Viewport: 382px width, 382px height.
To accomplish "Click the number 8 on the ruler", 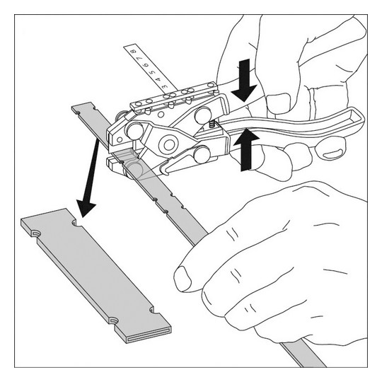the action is tap(133, 52).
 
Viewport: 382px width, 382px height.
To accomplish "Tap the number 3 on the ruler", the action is tap(164, 86).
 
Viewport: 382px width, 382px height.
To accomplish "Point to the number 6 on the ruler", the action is tap(146, 65).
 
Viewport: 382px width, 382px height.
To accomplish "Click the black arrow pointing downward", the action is tap(244, 81).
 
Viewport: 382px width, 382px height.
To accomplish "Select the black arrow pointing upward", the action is tap(246, 150).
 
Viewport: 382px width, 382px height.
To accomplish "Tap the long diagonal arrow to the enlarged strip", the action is tap(90, 178).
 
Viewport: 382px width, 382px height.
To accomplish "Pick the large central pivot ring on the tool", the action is tap(168, 145).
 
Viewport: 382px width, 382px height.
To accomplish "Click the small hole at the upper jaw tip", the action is tap(120, 140).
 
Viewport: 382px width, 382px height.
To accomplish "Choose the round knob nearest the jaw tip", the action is tap(134, 131).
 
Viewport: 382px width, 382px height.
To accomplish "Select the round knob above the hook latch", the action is tap(202, 154).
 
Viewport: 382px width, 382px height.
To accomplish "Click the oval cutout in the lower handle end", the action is tap(333, 155).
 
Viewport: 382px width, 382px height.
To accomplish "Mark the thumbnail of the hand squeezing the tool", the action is tap(278, 103).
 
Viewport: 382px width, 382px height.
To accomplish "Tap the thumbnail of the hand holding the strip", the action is tap(183, 279).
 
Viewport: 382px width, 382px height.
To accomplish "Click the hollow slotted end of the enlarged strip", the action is tap(149, 337).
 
